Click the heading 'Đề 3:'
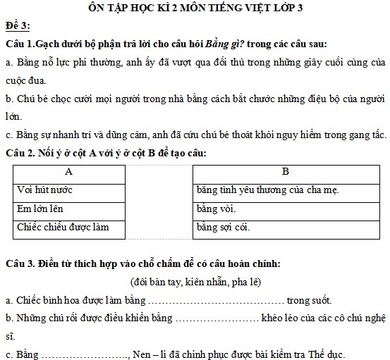click(17, 26)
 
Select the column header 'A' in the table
click(68, 171)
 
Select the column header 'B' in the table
click(285, 171)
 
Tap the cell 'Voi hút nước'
click(45, 190)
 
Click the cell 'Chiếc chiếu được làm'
click(63, 227)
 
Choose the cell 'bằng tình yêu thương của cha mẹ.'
click(269, 190)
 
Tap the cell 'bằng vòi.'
click(217, 209)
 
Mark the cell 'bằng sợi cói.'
click(223, 227)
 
